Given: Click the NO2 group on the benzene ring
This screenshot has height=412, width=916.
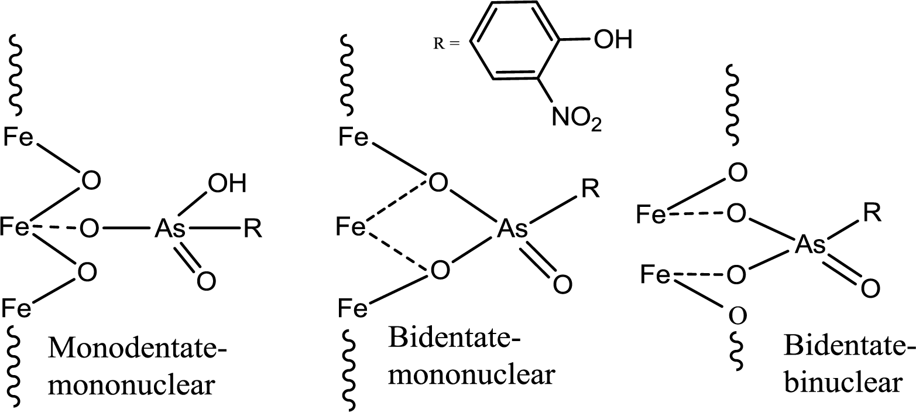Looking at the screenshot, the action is (575, 121).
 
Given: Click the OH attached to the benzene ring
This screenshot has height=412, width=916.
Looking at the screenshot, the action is (612, 41).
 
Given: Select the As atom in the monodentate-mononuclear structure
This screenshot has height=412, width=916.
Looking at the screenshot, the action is (170, 229).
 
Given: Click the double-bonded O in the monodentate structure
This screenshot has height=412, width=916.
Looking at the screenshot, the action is (206, 282).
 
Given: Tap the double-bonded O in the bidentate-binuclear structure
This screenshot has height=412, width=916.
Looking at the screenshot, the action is (869, 287).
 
